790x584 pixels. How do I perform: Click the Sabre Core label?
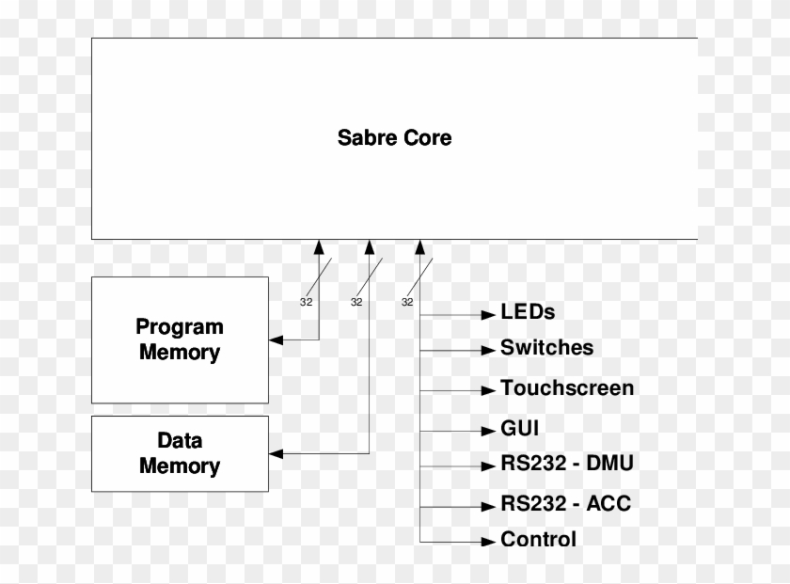point(394,137)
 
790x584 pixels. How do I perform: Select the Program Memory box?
point(180,339)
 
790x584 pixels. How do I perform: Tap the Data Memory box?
point(180,453)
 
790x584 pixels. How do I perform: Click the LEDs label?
point(528,311)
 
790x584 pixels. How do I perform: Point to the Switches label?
point(546,348)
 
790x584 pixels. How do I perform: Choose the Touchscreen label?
point(567,387)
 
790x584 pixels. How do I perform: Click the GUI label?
point(520,429)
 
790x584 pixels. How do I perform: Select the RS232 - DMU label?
point(567,464)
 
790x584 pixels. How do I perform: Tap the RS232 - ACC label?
point(565,503)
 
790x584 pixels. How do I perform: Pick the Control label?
point(538,540)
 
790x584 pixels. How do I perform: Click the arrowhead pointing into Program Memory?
point(276,339)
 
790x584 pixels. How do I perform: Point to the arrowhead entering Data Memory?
point(276,454)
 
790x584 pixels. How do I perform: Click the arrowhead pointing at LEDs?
point(487,313)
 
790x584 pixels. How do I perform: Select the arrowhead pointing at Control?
point(487,542)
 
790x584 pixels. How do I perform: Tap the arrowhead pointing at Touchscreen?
point(487,389)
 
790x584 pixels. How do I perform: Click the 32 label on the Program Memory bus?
point(306,302)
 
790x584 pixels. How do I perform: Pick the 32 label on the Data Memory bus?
point(356,302)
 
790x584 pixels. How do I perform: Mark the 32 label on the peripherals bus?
point(407,302)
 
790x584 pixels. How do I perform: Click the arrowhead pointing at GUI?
point(487,431)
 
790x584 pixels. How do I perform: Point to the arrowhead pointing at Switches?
point(487,350)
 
